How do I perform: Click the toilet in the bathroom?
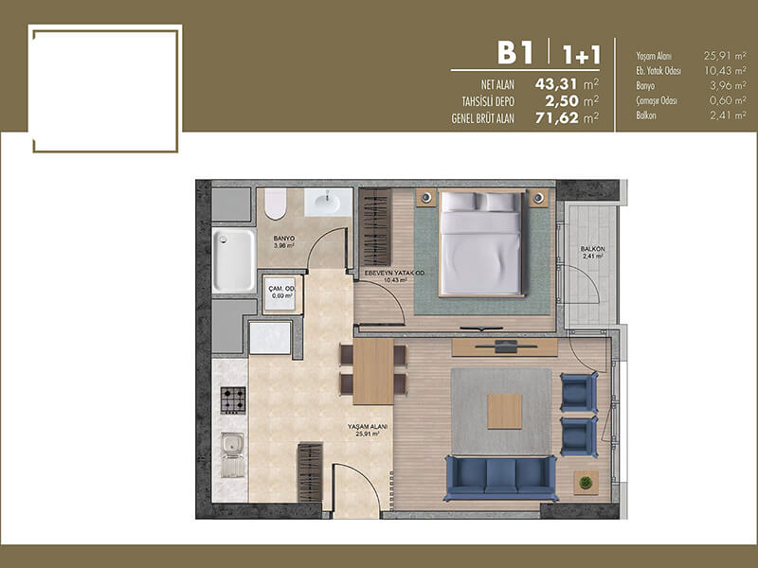tap(275, 204)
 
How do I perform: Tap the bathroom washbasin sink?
tap(328, 203)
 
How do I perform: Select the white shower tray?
tap(234, 260)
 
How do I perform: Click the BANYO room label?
tap(283, 239)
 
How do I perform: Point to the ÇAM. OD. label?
tap(281, 289)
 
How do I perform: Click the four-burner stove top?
tap(233, 399)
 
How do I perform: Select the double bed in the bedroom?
tap(481, 243)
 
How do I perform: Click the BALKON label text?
tap(593, 249)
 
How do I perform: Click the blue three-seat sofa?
tap(501, 478)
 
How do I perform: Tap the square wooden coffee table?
tap(505, 412)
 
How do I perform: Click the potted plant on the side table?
tap(586, 482)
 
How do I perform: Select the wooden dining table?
tap(373, 371)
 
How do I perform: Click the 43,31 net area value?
tap(556, 84)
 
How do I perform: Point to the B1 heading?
tap(515, 53)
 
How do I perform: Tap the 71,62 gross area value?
tap(556, 117)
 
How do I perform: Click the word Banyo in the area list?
tap(645, 86)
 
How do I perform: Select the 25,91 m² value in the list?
tap(725, 56)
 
